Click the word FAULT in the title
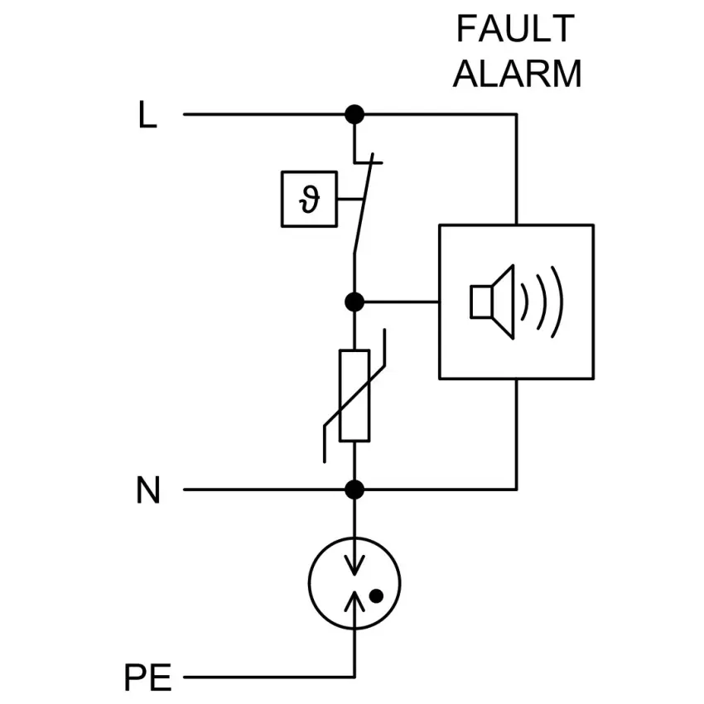pyautogui.click(x=514, y=30)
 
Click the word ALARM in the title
pyautogui.click(x=517, y=74)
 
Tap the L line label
pyautogui.click(x=147, y=116)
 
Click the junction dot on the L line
pyautogui.click(x=354, y=114)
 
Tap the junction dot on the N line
pyautogui.click(x=354, y=489)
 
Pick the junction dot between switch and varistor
pyautogui.click(x=354, y=301)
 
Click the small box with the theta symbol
pyautogui.click(x=309, y=199)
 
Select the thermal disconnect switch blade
pyautogui.click(x=363, y=207)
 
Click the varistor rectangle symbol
pyautogui.click(x=354, y=395)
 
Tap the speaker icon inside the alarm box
pyautogui.click(x=493, y=301)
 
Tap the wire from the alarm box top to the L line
pyautogui.click(x=516, y=170)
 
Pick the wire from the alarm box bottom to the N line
pyautogui.click(x=516, y=435)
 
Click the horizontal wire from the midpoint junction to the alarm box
pyautogui.click(x=398, y=301)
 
